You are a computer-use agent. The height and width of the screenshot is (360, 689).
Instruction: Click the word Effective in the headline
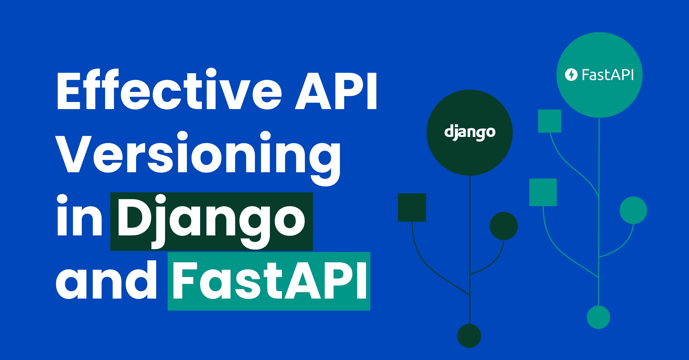point(169,90)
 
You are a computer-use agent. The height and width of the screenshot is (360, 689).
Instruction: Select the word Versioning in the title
point(198,155)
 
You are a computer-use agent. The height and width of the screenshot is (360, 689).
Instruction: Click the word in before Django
point(79,217)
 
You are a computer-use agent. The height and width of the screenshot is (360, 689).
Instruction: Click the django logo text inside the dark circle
point(470,132)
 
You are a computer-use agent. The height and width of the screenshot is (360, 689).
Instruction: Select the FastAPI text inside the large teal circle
point(607,75)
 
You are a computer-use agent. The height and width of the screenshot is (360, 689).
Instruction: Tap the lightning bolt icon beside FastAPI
point(571,75)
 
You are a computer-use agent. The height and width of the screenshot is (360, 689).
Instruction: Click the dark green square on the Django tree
point(412,207)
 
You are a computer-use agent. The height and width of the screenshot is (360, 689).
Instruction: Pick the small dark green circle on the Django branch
point(504,226)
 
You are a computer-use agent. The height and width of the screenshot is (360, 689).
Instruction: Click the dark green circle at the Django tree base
point(469,336)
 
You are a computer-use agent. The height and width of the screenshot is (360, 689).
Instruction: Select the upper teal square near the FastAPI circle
point(549,121)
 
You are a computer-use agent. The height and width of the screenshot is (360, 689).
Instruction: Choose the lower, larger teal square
point(543,192)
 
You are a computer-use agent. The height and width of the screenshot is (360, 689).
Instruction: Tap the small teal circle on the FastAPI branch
point(633,210)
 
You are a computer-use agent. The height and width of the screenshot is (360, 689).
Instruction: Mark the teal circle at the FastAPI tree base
point(598,317)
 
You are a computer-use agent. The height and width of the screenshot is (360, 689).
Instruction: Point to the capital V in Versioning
point(73,154)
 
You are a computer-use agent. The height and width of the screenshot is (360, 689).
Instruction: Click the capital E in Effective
point(69,91)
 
